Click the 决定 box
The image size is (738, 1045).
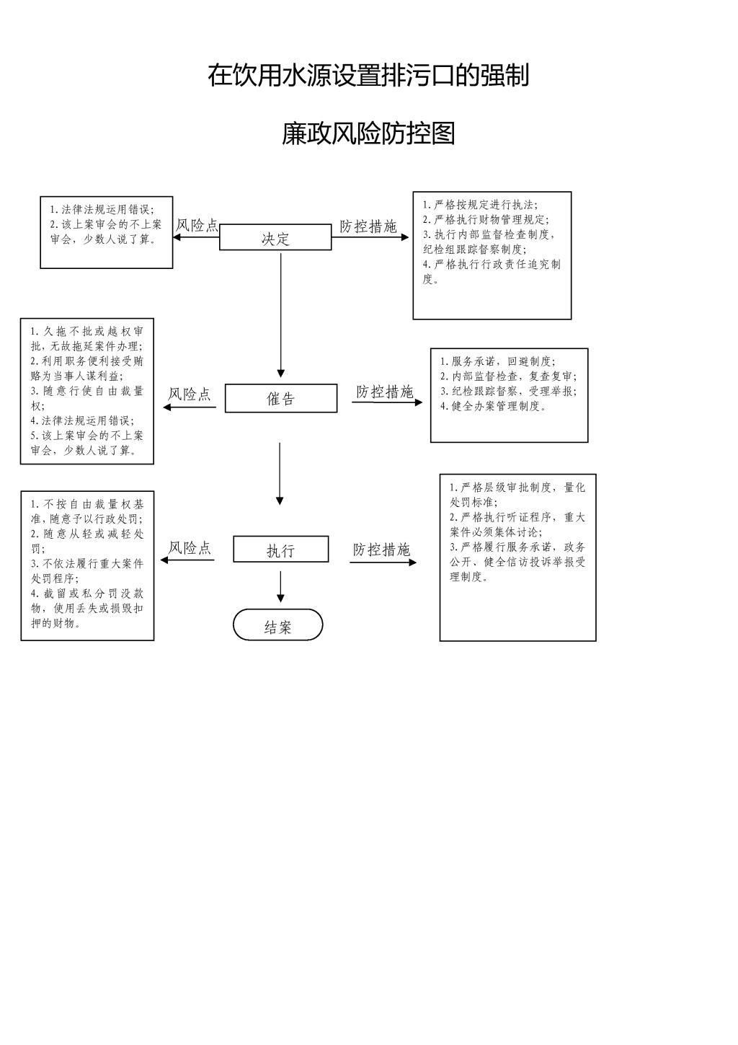point(275,237)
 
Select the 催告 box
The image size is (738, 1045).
point(280,398)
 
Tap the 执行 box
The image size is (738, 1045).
point(280,549)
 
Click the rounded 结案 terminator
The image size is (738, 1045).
point(278,625)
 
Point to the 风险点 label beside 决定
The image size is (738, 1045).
point(197,225)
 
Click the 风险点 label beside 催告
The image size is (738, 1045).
point(190,394)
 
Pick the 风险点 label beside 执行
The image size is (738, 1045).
point(190,547)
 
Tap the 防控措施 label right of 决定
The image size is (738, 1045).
point(368,226)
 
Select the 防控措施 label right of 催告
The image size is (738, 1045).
point(385,392)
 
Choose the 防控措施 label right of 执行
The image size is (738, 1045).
point(381,550)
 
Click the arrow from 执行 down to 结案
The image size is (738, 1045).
point(280,587)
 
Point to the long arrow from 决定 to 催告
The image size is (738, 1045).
point(280,315)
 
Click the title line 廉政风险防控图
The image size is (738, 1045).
point(368,134)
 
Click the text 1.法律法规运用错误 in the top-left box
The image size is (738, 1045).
point(102,209)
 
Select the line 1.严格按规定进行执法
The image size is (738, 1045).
point(480,205)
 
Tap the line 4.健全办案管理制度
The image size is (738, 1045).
point(493,406)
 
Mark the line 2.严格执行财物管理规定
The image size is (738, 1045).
point(486,220)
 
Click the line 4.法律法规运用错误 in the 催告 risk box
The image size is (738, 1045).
point(82,420)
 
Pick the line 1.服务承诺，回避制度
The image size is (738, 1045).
point(498,361)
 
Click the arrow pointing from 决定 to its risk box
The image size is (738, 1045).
point(196,237)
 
